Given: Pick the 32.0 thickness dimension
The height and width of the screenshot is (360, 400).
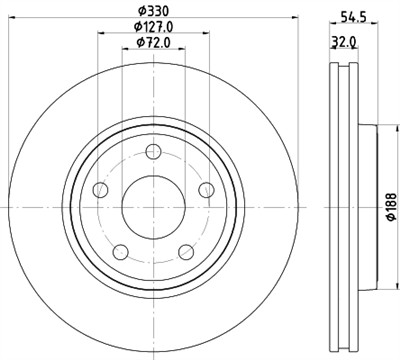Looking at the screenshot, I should pyautogui.click(x=345, y=42).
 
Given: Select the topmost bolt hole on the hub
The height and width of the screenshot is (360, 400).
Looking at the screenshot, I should pyautogui.click(x=153, y=152).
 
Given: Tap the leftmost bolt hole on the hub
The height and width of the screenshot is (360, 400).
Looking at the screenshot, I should pyautogui.click(x=100, y=191).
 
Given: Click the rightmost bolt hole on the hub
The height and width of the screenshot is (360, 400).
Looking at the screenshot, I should pyautogui.click(x=207, y=190).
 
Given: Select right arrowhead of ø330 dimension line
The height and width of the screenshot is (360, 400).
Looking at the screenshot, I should pyautogui.click(x=297, y=17).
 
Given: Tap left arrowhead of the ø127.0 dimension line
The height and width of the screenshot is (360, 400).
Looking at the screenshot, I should pyautogui.click(x=100, y=34).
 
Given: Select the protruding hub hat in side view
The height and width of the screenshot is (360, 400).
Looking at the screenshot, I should pyautogui.click(x=367, y=206).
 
